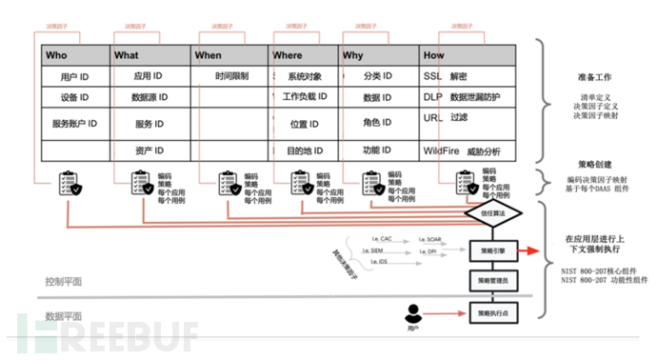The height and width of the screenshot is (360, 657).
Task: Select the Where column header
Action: click(x=288, y=55)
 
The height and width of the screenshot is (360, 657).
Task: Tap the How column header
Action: click(x=433, y=55)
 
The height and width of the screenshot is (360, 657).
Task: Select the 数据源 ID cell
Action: click(x=150, y=98)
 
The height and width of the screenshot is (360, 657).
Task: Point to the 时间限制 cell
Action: click(x=231, y=75)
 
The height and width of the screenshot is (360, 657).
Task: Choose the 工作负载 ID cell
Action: click(x=305, y=98)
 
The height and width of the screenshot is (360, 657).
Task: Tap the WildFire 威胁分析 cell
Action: click(x=462, y=151)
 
